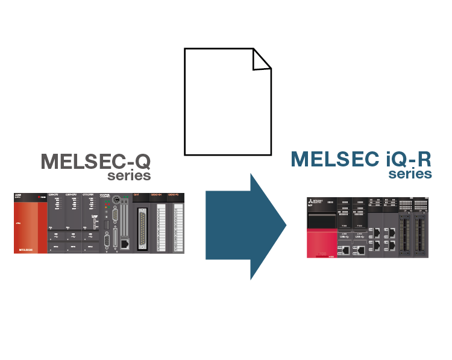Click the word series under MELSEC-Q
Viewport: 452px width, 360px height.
129,176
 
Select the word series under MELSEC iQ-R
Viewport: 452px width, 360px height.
410,174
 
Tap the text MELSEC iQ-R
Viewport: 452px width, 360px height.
361,159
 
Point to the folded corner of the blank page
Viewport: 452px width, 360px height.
262,58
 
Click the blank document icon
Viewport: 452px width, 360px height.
227,103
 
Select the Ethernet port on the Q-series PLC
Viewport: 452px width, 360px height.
124,244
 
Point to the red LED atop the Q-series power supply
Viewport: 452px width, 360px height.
40,197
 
